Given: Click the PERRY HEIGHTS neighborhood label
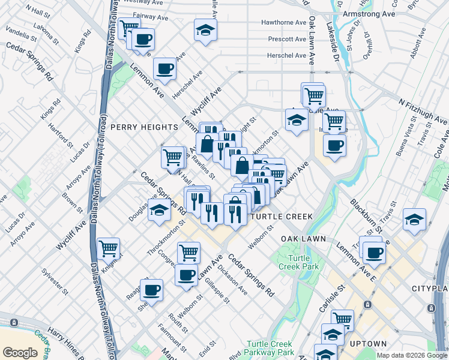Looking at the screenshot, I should (144, 127).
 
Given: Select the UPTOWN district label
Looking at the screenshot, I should (368, 344).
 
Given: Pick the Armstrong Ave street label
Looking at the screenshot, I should (368, 13).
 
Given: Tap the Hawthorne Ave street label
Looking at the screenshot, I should (283, 23).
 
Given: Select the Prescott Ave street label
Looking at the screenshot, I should (286, 39).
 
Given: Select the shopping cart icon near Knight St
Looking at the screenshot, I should (108, 247).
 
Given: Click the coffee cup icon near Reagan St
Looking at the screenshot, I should (151, 289).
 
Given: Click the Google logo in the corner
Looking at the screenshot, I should (20, 352).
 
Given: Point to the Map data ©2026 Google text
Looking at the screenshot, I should (412, 355).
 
